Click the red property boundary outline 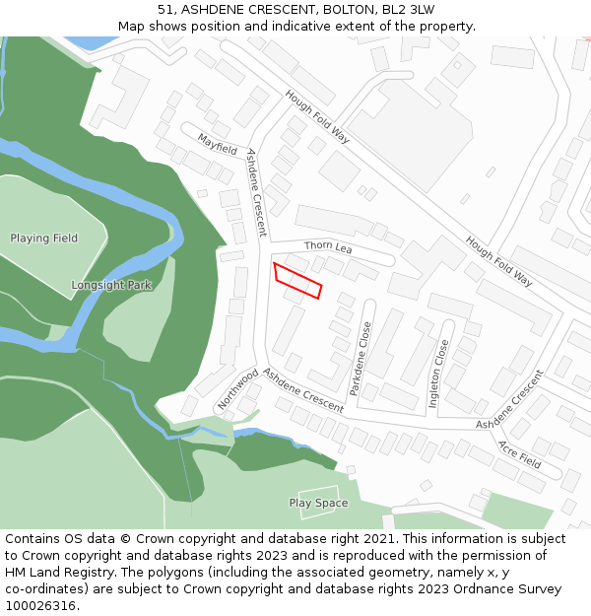(297, 280)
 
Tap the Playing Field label (44, 239)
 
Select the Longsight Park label (111, 286)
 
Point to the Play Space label (318, 504)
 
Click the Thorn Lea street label (328, 246)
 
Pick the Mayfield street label (218, 145)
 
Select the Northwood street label (237, 389)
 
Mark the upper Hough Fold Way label (317, 117)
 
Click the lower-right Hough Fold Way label (498, 261)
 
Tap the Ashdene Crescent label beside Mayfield (256, 193)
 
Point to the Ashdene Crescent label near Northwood (303, 391)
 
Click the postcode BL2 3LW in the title (409, 10)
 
